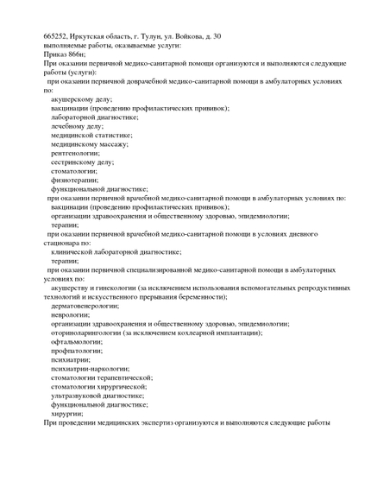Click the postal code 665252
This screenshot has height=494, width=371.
[x=57, y=36]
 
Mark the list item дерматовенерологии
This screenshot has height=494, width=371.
[x=91, y=306]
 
